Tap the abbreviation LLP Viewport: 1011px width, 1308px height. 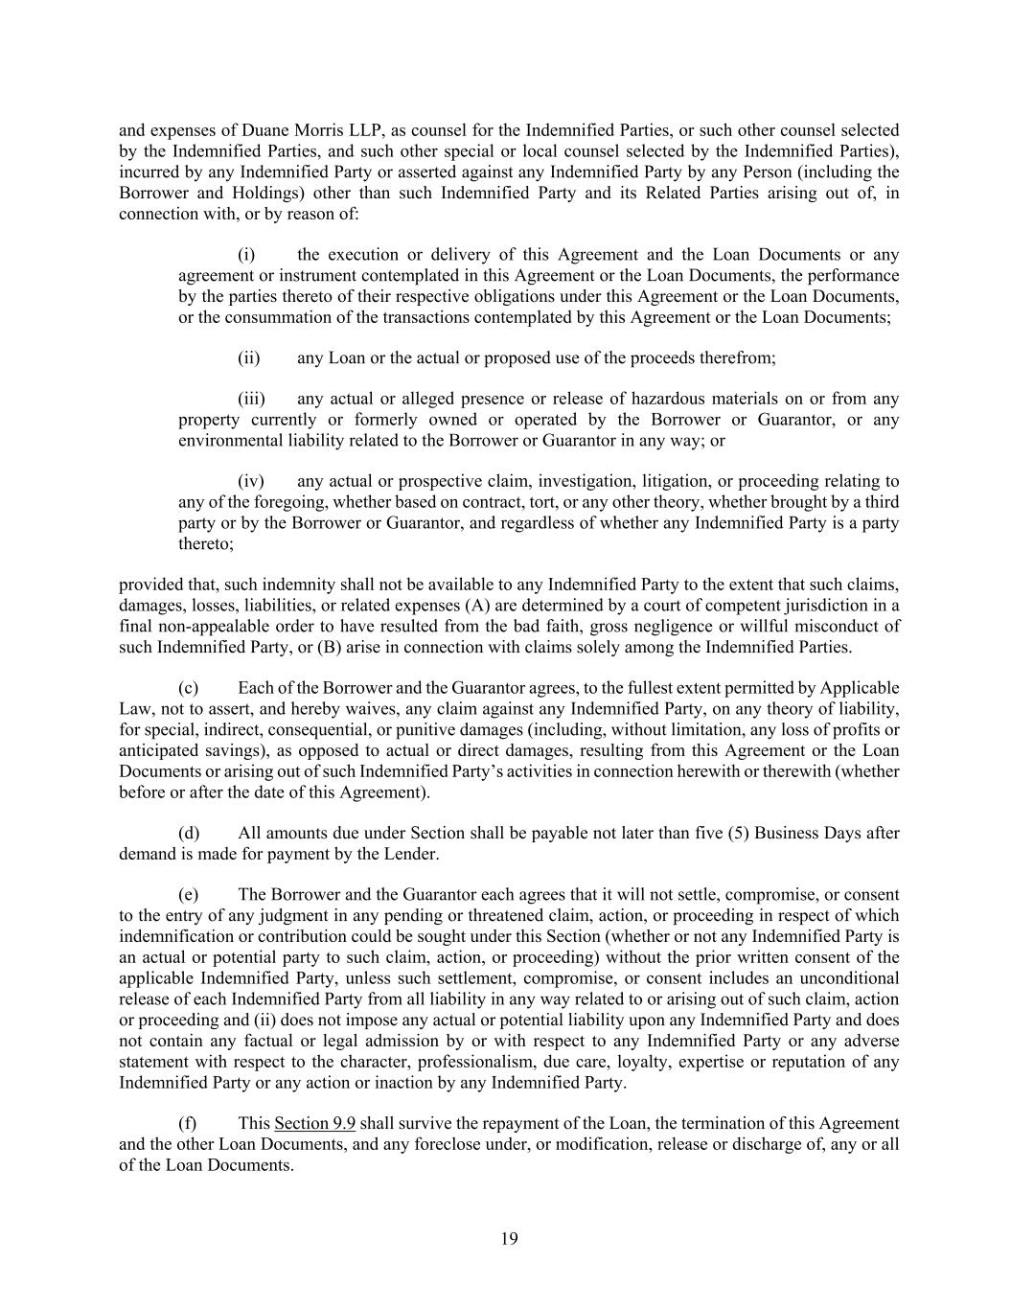click(x=363, y=130)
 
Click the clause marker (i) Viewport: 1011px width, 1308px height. click(x=246, y=255)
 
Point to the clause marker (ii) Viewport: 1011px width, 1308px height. click(x=249, y=358)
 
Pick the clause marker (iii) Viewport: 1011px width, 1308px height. click(x=251, y=399)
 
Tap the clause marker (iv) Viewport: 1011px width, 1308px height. click(x=251, y=481)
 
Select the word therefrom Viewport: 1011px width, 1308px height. click(x=736, y=358)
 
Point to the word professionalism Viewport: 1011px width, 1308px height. click(x=476, y=1062)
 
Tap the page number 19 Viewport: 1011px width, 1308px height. click(x=509, y=1239)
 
